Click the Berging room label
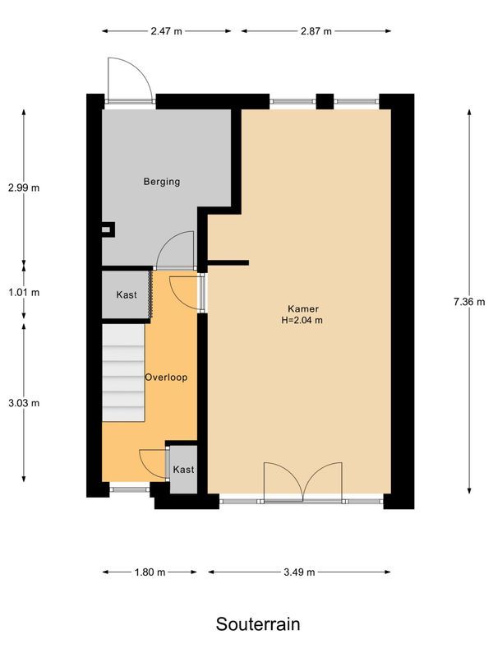pyautogui.click(x=161, y=182)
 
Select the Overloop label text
pyautogui.click(x=166, y=378)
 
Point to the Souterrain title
pyautogui.click(x=257, y=624)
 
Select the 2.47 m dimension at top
pyautogui.click(x=166, y=31)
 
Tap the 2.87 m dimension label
pyautogui.click(x=316, y=31)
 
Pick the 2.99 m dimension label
pyautogui.click(x=24, y=188)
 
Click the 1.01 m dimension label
pyautogui.click(x=24, y=292)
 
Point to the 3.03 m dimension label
pyautogui.click(x=24, y=403)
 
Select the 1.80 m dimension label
pyautogui.click(x=150, y=572)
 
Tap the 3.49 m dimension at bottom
pyautogui.click(x=298, y=572)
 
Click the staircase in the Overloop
pyautogui.click(x=122, y=373)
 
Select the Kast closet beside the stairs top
pyautogui.click(x=126, y=294)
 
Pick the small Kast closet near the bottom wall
pyautogui.click(x=183, y=470)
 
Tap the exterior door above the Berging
pyautogui.click(x=130, y=80)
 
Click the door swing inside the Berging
pyautogui.click(x=176, y=250)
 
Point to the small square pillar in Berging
pyautogui.click(x=105, y=230)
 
